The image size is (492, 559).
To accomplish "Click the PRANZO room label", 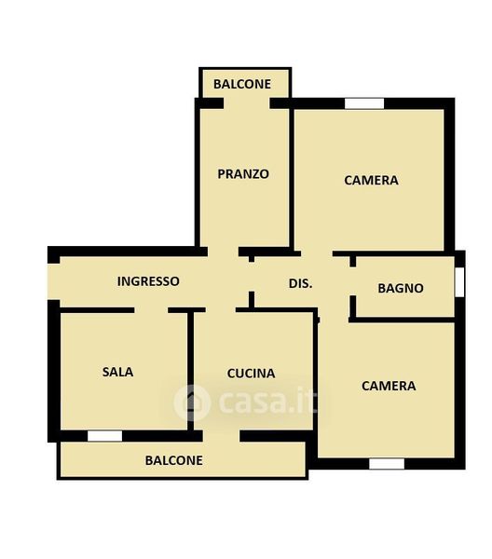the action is [243, 174].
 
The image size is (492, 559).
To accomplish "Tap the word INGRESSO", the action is [148, 281].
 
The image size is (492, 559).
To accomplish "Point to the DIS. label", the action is [301, 283].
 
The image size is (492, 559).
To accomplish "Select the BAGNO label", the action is [401, 288].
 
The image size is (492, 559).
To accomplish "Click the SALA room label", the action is [118, 372].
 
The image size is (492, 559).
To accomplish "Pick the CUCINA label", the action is [251, 374].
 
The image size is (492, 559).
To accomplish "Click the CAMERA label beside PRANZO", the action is [371, 180].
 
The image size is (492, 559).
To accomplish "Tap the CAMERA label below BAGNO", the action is [389, 386].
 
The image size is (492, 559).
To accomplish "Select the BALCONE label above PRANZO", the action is [242, 84].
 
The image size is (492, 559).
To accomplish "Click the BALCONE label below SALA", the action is [173, 460].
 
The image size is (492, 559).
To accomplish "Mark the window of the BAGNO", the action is [460, 282].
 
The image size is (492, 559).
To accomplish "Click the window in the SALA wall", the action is [104, 436].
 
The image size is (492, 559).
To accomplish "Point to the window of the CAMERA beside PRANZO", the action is [364, 103].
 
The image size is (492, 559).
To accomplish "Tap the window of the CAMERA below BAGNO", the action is [387, 464].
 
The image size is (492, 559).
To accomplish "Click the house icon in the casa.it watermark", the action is [192, 402].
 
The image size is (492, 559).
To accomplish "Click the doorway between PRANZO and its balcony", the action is [247, 103].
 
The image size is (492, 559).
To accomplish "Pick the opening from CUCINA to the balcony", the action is [222, 436].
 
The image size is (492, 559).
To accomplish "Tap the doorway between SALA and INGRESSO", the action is [151, 310].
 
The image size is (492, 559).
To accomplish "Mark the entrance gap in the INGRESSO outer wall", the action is [53, 281].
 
